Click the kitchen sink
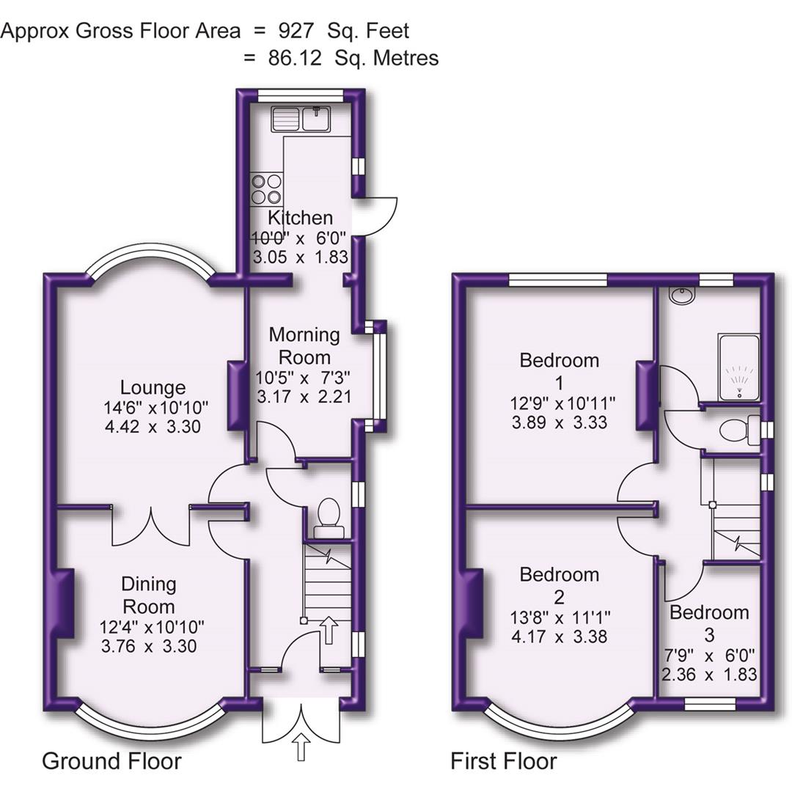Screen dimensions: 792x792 (301, 118)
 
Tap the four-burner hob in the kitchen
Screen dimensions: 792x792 (266, 188)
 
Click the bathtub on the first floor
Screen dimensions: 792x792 (738, 367)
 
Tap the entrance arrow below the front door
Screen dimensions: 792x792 (301, 749)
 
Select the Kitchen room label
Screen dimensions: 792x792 (300, 218)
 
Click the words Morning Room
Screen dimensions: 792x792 (304, 346)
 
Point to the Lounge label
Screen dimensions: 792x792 (153, 387)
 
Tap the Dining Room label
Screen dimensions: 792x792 (149, 595)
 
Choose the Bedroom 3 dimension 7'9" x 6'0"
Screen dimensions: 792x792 (709, 655)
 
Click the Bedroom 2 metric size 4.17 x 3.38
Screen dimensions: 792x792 (559, 637)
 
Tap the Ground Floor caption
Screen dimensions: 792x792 (111, 761)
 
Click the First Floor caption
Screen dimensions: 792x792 (503, 761)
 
